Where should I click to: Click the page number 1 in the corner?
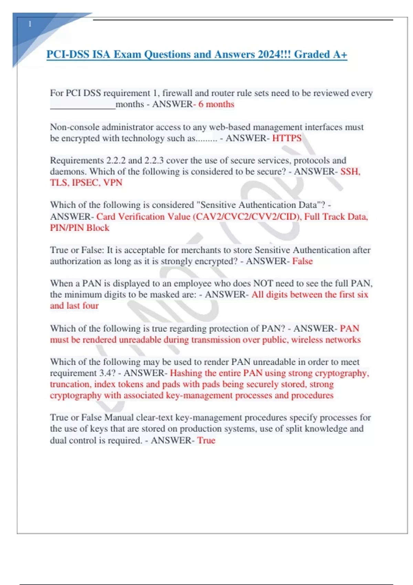[30, 24]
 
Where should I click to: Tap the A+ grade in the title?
[340, 54]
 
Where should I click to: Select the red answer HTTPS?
[287, 138]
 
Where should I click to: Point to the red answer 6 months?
[216, 104]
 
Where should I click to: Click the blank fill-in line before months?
[83, 107]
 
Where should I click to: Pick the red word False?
[302, 261]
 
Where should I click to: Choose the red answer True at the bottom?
[206, 440]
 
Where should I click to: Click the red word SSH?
[350, 171]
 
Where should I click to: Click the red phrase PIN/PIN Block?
[80, 228]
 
